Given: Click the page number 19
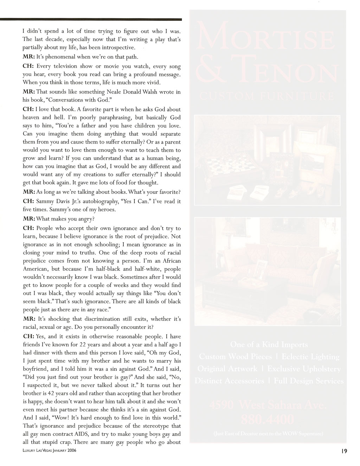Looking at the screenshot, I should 343,452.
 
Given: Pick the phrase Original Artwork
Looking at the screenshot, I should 227,369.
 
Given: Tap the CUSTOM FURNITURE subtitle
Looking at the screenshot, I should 266,96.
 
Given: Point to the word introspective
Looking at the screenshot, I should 114,47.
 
